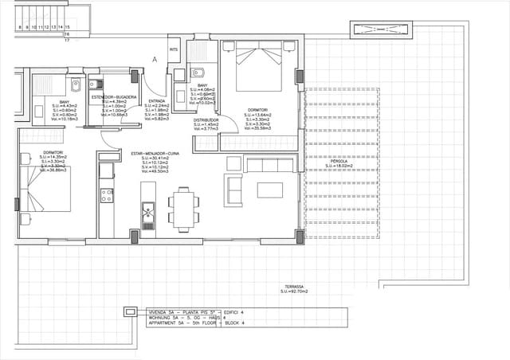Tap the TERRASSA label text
(x=294, y=287)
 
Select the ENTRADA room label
(x=156, y=101)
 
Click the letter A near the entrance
(x=155, y=60)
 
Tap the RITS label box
(x=174, y=49)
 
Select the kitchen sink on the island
(x=147, y=212)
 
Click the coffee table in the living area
(x=269, y=190)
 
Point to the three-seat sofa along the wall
(x=270, y=165)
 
